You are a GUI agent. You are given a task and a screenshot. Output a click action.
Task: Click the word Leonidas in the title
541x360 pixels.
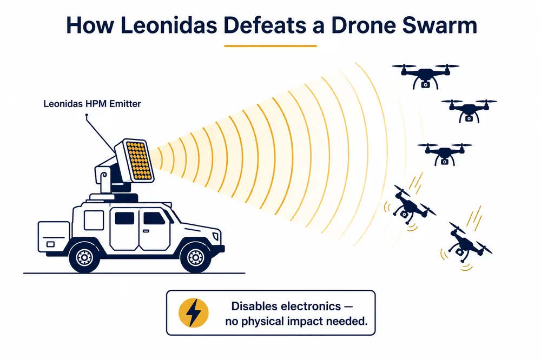[168, 25]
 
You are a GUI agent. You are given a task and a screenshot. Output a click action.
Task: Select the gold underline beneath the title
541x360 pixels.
[270, 46]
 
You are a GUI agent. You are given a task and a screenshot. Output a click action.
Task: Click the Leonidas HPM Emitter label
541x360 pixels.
[92, 103]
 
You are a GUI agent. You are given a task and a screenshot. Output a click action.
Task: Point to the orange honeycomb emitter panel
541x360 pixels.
[138, 161]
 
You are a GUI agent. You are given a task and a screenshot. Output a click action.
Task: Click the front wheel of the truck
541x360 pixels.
[195, 257]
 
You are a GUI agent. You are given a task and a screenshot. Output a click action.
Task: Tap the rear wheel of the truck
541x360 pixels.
[84, 257]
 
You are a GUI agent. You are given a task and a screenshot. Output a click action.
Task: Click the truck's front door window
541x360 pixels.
[154, 218]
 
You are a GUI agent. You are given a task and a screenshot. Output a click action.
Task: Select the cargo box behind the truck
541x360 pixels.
[54, 237]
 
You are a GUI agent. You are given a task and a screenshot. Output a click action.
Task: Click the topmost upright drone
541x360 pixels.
[425, 76]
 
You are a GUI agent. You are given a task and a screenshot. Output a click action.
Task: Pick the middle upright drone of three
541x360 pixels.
[469, 111]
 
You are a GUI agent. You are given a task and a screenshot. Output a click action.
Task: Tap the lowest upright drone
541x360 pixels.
[444, 154]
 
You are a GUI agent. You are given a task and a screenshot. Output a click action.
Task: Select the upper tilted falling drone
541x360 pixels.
[410, 205]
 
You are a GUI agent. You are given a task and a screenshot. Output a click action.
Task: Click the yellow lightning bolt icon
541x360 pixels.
[194, 313]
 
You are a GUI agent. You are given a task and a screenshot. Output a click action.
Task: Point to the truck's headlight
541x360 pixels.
[216, 236]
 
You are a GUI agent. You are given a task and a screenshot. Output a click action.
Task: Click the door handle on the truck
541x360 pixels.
[146, 231]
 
